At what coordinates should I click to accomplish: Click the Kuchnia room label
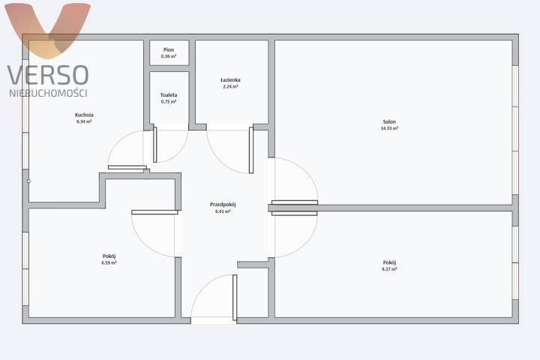click(x=84, y=115)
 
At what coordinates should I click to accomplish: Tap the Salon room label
click(x=389, y=121)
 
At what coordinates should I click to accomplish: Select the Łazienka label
click(x=230, y=80)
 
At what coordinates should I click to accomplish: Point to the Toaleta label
click(x=169, y=95)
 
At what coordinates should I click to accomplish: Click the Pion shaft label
click(x=169, y=50)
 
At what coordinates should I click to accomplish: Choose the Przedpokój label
click(x=223, y=205)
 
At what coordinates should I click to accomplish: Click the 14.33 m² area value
click(x=389, y=128)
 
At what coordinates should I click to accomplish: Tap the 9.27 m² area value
click(x=389, y=269)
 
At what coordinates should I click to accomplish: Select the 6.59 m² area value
click(x=109, y=262)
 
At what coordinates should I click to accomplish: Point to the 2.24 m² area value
click(x=230, y=87)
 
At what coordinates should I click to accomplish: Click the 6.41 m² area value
click(x=223, y=211)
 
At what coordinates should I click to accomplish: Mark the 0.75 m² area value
click(x=169, y=102)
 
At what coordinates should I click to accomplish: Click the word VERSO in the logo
click(x=48, y=75)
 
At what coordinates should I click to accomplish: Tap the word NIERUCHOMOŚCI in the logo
click(x=48, y=93)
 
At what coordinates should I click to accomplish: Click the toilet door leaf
click(x=155, y=145)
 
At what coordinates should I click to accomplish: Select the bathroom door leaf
click(x=251, y=150)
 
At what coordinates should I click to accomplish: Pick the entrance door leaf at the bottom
click(x=235, y=298)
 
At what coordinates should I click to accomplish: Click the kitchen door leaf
click(x=127, y=167)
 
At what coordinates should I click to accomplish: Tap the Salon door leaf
click(x=295, y=202)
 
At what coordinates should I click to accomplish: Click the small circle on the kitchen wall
click(x=28, y=181)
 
